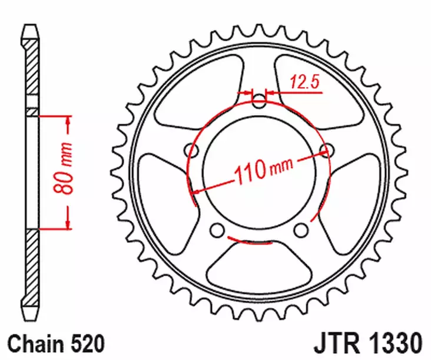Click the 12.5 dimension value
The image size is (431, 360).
pos(304,83)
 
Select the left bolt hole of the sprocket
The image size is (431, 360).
pos(190,148)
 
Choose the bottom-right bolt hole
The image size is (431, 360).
pos(301,229)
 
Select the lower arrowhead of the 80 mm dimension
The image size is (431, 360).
pos(68,223)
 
